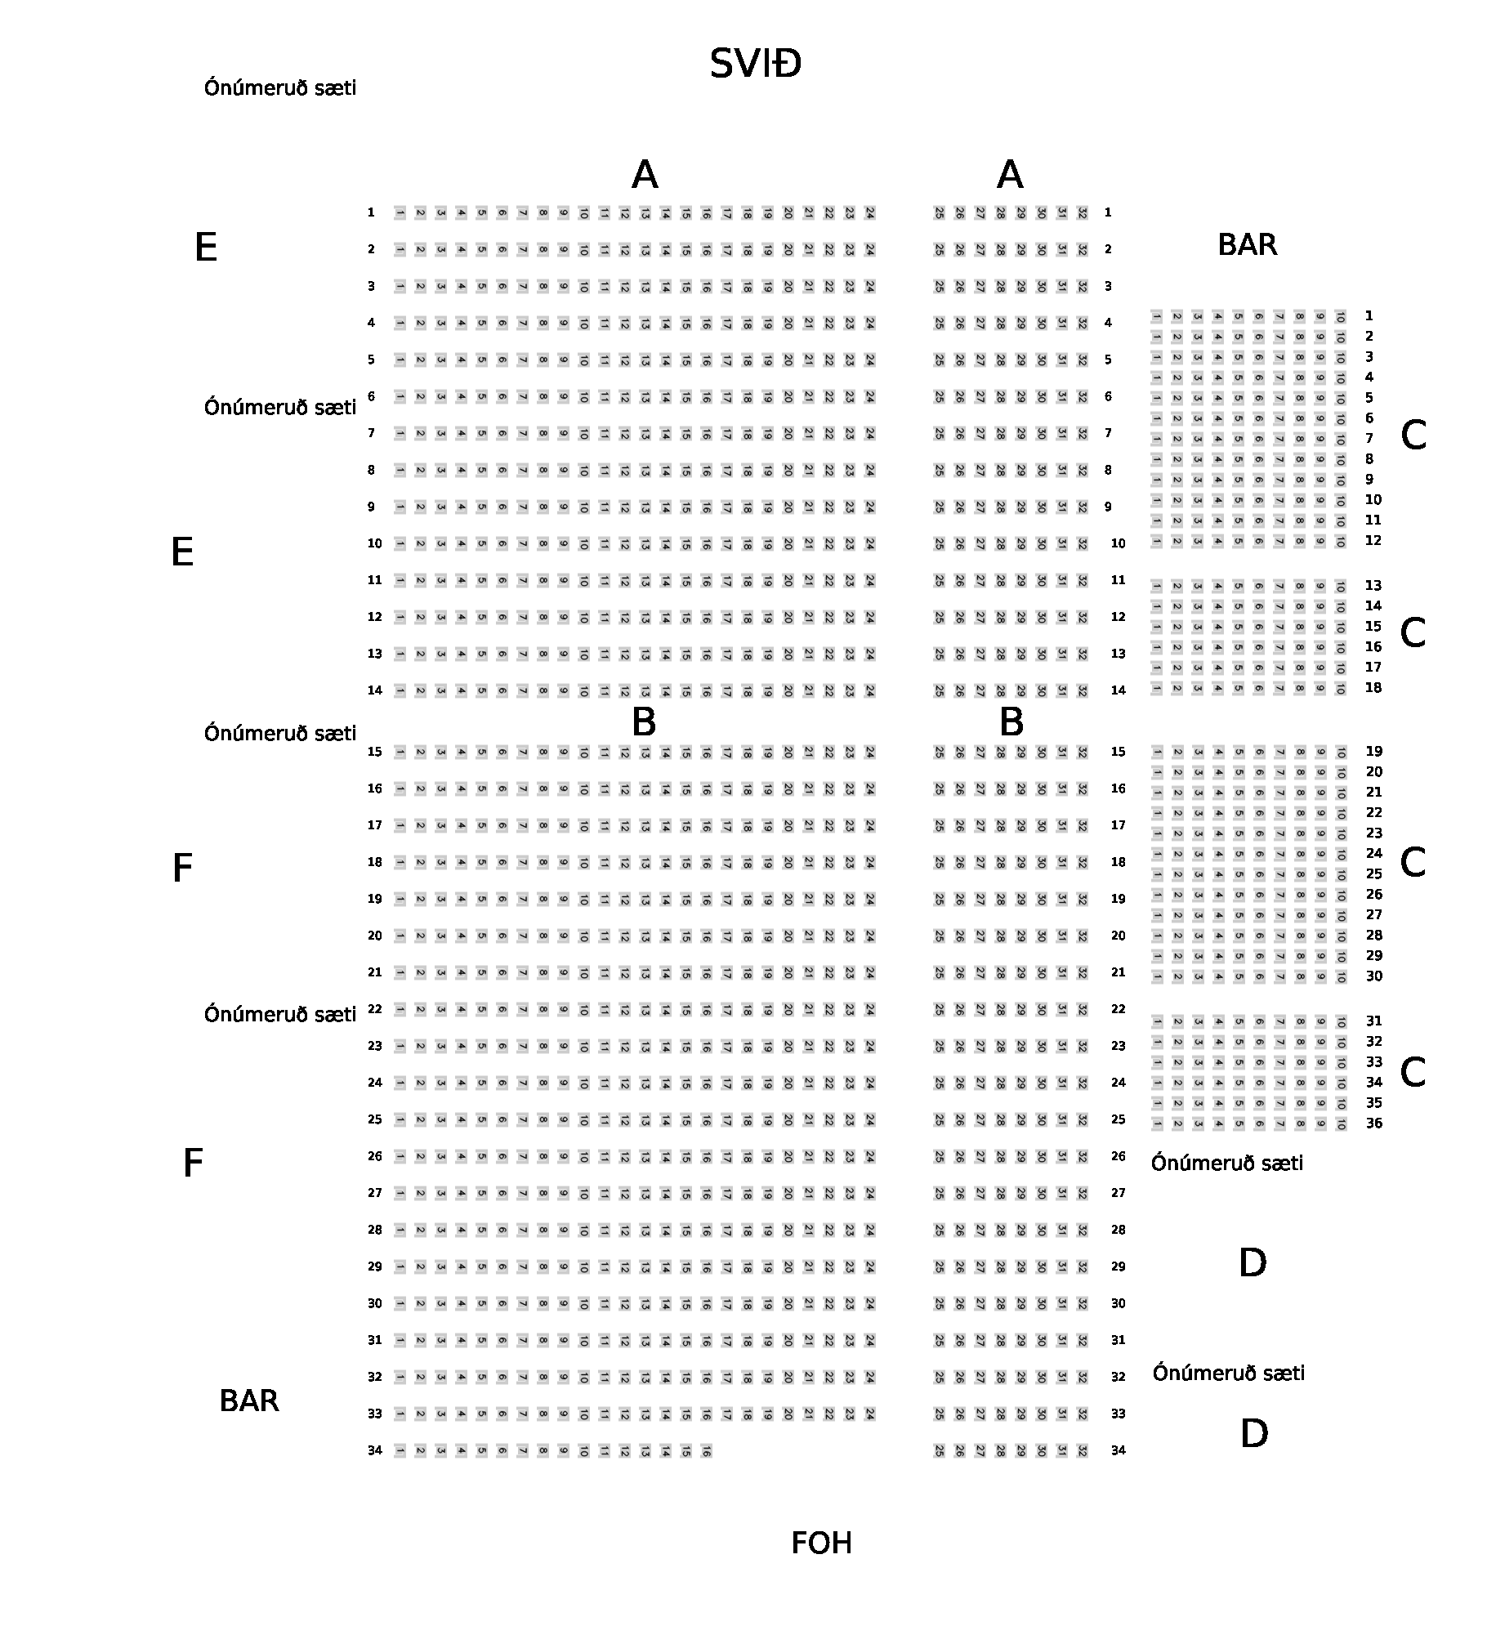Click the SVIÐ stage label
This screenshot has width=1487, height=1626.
(x=755, y=64)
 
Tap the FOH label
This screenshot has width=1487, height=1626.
(x=821, y=1543)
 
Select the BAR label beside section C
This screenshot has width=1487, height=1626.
(x=1247, y=245)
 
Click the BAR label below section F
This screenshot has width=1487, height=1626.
(x=249, y=1401)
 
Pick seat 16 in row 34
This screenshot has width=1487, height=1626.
(x=706, y=1451)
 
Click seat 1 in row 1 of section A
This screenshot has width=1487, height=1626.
(x=400, y=213)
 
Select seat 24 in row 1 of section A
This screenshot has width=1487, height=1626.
(x=869, y=213)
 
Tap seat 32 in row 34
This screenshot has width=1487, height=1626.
(x=1082, y=1451)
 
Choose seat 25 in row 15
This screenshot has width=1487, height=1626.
(x=939, y=753)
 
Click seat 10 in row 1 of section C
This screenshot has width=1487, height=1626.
(x=1340, y=316)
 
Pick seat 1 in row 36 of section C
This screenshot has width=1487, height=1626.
(x=1157, y=1124)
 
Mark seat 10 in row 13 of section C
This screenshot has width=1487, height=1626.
(x=1340, y=586)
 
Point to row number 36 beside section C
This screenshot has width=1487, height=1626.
(x=1374, y=1123)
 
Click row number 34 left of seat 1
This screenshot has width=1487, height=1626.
(x=374, y=1450)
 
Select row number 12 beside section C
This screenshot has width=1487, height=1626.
(x=1373, y=540)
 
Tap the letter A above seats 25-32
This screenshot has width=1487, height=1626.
(x=1010, y=175)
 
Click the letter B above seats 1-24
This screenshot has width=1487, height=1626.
(x=644, y=722)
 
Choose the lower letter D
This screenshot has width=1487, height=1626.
(x=1253, y=1433)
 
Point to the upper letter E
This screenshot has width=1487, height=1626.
(x=206, y=248)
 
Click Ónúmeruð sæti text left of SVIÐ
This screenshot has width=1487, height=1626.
(x=280, y=87)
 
